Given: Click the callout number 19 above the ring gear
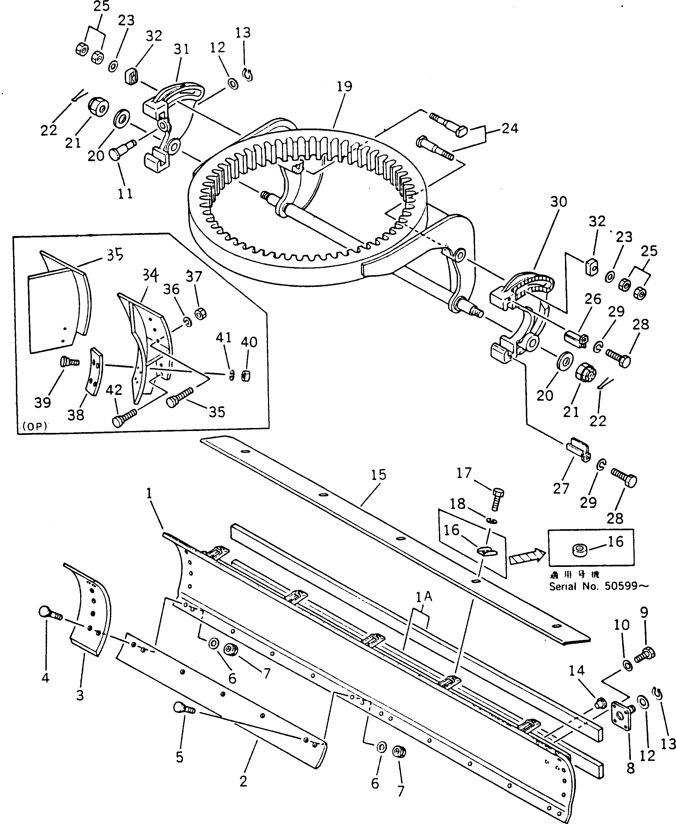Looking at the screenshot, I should pyautogui.click(x=345, y=86).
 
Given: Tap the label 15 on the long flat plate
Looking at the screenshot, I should pyautogui.click(x=378, y=475).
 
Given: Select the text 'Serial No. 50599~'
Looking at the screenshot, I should pyautogui.click(x=599, y=586).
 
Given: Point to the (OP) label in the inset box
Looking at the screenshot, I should pyautogui.click(x=34, y=426).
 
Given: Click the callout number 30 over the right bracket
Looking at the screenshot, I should pyautogui.click(x=558, y=202).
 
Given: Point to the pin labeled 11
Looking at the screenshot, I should pyautogui.click(x=121, y=150).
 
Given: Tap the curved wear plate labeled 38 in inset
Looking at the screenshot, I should pyautogui.click(x=95, y=371).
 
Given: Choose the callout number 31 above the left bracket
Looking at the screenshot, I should pyautogui.click(x=182, y=50).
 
